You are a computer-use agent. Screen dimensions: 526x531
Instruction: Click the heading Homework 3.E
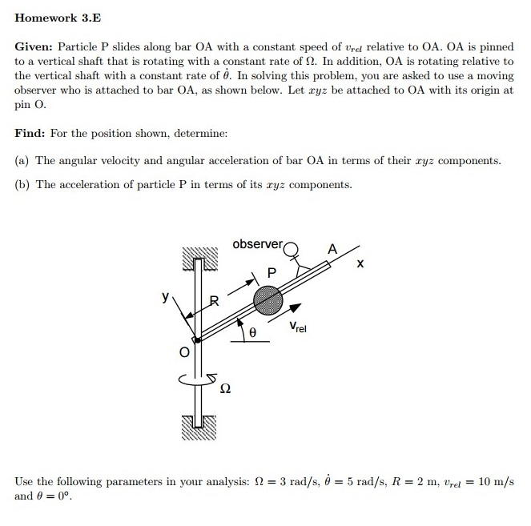58,18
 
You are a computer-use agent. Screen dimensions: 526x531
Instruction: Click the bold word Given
34,47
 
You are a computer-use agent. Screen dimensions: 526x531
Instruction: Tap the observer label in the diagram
257,243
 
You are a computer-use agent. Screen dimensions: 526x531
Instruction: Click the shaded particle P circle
268,301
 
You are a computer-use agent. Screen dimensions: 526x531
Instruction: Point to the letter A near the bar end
332,249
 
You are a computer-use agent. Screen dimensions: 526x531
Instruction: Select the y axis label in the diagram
166,298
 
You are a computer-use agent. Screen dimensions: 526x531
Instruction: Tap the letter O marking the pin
183,351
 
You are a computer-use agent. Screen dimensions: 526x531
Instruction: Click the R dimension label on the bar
213,301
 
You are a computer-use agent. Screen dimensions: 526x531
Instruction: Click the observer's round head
291,247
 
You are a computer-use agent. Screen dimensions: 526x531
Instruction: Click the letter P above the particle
272,273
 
